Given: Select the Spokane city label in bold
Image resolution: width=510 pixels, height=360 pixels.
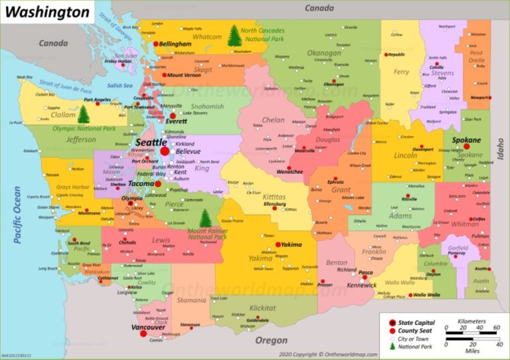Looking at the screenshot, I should tap(466, 141).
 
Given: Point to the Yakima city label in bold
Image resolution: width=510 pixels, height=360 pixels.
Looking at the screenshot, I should tap(291, 244).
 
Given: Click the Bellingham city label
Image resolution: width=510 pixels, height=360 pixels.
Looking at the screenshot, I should tap(175, 44).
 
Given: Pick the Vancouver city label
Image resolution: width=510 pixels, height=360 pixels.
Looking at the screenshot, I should tap(148, 327).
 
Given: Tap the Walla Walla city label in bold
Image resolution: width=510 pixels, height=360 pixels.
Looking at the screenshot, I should tap(428, 294).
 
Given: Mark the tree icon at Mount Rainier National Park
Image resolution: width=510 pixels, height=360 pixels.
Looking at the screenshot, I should tap(206, 218).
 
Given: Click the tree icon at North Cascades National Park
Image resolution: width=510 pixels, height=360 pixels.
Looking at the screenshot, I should tap(234, 36).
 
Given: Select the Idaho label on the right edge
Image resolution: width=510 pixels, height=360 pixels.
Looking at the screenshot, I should tap(501, 149).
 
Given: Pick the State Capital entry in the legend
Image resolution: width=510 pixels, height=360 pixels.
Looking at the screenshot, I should tap(417, 321).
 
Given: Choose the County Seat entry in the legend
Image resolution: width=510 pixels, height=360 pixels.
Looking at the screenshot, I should tap(416, 330).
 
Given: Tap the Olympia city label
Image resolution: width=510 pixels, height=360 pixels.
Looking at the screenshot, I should tap(132, 199).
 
